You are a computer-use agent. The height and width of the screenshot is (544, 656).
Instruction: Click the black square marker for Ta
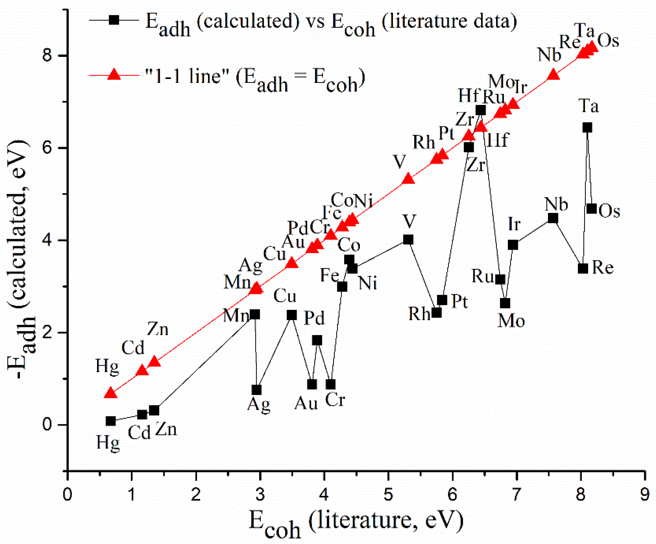[587, 127]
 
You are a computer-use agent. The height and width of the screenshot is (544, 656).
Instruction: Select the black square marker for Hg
[111, 421]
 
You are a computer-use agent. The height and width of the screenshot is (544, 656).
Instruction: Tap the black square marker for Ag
[257, 390]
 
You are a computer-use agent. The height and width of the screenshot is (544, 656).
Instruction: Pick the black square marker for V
[408, 240]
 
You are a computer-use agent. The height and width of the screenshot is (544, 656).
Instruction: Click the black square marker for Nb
[553, 218]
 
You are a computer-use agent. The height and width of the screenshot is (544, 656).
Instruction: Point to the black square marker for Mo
[505, 303]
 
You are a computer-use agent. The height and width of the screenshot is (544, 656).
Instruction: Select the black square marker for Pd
[317, 340]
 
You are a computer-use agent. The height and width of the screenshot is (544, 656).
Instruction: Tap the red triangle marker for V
[408, 180]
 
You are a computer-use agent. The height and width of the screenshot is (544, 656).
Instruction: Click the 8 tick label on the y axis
[47, 56]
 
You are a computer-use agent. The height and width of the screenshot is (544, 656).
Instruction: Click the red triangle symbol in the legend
[114, 75]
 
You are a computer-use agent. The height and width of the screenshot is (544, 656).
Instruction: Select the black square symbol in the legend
[114, 20]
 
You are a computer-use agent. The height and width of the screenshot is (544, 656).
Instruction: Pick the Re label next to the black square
[603, 268]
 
